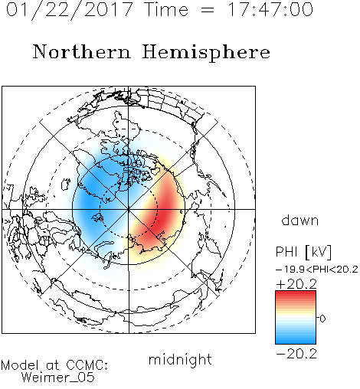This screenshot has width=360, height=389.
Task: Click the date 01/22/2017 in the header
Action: click(70, 10)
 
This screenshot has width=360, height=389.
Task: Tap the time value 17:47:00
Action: click(270, 9)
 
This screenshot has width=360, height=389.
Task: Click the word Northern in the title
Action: click(82, 51)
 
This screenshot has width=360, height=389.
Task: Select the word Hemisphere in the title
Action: click(206, 53)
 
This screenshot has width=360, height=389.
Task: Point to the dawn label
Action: click(300, 220)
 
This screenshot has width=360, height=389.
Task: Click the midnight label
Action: click(180, 360)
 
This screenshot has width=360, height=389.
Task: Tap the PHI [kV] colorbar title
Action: click(303, 252)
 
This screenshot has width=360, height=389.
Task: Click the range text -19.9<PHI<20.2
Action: click(317, 270)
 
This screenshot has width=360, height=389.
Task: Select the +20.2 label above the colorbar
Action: click(296, 284)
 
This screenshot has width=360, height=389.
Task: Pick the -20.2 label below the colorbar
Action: click(296, 354)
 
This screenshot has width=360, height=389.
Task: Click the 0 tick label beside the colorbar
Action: click(322, 319)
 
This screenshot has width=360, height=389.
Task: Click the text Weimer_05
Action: click(58, 378)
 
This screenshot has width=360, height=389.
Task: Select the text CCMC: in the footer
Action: click(87, 365)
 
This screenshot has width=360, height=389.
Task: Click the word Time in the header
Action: click(166, 9)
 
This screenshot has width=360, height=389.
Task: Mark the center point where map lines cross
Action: click(129, 209)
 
